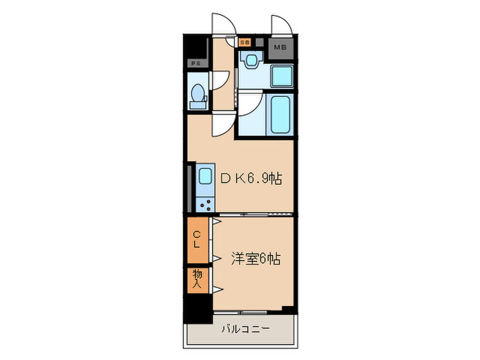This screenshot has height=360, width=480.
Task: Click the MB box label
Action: (280, 47)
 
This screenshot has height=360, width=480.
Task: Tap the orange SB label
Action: (245, 42)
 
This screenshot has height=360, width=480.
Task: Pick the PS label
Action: (196, 64)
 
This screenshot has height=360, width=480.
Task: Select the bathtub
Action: (279, 115)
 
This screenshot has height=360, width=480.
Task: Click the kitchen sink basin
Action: (205, 177)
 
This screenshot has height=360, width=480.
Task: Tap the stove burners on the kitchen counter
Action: (204, 202)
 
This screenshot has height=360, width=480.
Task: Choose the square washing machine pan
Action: (280, 77)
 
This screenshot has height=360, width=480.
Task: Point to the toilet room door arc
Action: (218, 81)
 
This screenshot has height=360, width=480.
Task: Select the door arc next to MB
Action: (283, 24)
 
